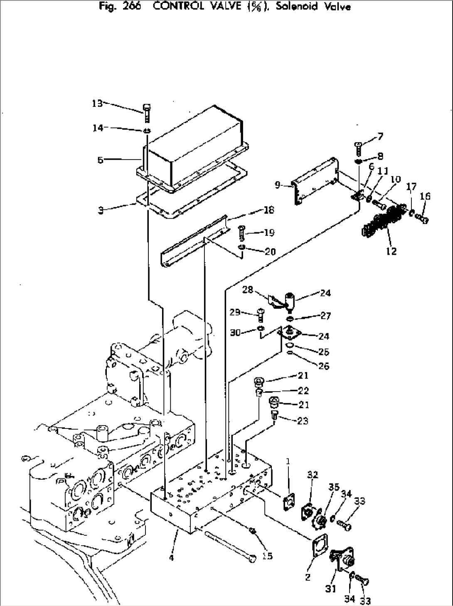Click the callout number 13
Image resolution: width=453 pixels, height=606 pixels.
(x=97, y=103)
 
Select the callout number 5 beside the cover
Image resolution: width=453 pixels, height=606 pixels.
(x=101, y=160)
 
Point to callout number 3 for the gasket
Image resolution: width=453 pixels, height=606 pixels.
(x=101, y=211)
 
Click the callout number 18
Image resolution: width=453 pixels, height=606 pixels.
(x=269, y=210)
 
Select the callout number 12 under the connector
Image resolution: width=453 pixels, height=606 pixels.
(x=391, y=251)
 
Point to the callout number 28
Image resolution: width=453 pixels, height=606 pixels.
(x=248, y=289)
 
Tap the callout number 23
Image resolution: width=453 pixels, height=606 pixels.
(x=303, y=421)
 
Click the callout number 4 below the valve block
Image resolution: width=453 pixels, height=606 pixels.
(x=171, y=557)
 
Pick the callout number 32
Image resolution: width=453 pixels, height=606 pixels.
(x=313, y=475)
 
